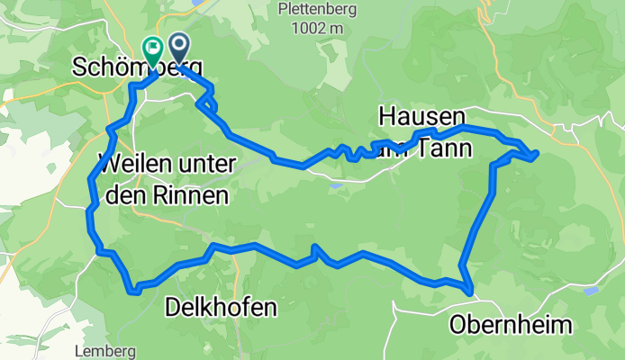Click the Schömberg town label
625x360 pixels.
[x=138, y=69]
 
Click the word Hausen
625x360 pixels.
[x=422, y=117]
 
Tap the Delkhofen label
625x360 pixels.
[x=221, y=309]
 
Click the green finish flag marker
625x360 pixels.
[x=151, y=50]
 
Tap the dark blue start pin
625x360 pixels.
[x=177, y=48]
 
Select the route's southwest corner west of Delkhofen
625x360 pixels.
[x=135, y=290]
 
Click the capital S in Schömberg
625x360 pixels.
[x=83, y=69]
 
